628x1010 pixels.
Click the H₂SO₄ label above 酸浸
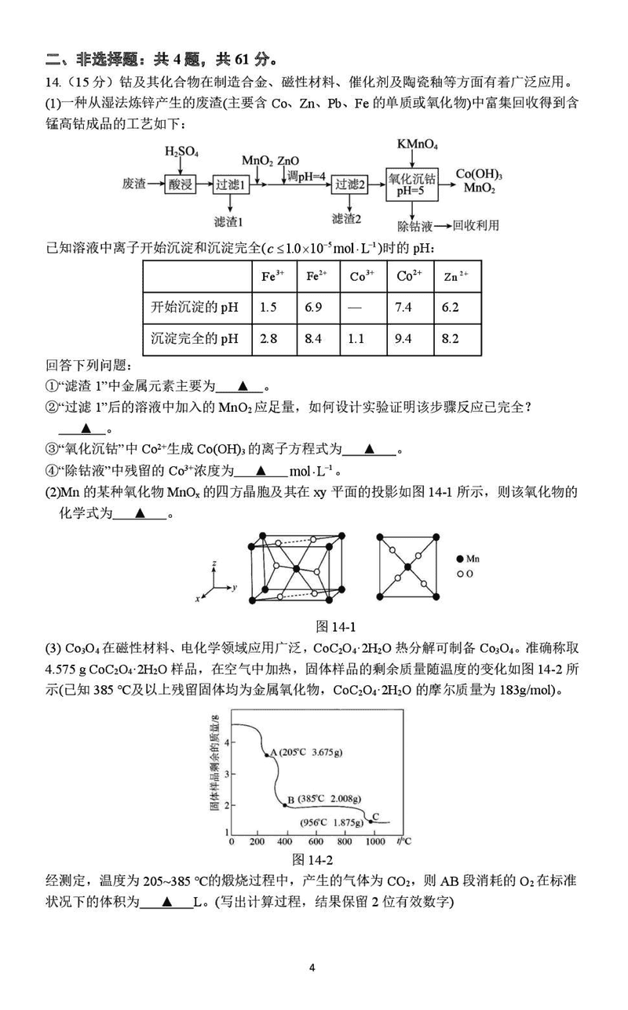pyautogui.click(x=181, y=151)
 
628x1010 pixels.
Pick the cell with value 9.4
pyautogui.click(x=405, y=339)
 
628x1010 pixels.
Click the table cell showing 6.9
pyautogui.click(x=314, y=307)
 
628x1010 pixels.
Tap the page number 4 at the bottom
pyautogui.click(x=312, y=968)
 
